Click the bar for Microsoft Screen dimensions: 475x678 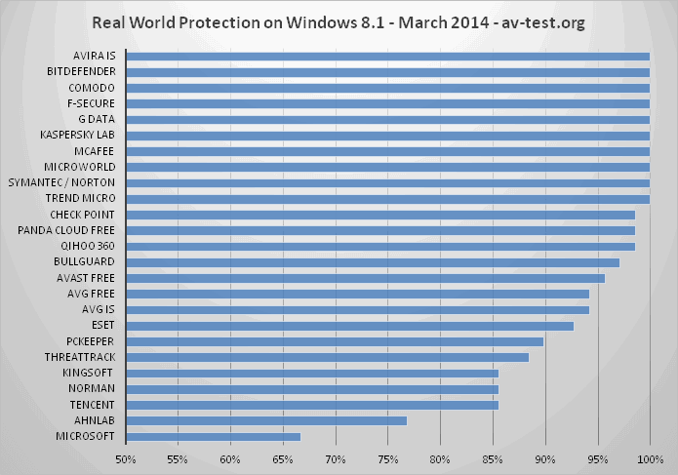[213, 436]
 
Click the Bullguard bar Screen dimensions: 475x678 [373, 261]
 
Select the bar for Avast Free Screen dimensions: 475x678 [365, 278]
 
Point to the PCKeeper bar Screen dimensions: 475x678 [335, 341]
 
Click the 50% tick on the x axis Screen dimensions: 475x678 [125, 457]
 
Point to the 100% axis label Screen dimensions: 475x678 [650, 457]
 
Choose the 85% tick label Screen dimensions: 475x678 [493, 457]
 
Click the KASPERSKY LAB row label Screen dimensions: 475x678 [77, 135]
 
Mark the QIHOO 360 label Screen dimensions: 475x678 [89, 246]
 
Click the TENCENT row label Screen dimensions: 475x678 [93, 405]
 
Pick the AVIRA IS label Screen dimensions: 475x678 [94, 56]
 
